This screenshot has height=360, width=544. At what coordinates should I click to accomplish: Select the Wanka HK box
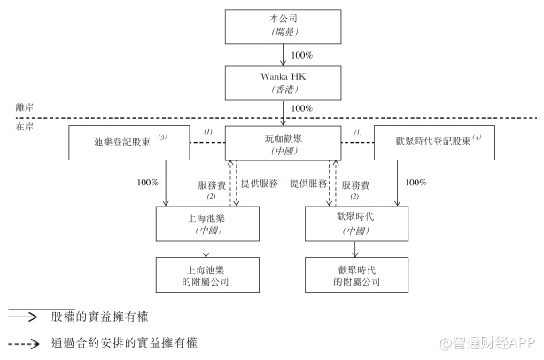pos(283,82)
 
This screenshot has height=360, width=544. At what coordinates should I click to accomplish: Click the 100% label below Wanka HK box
pos(302,108)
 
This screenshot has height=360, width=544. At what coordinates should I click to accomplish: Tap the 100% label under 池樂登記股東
pos(148,183)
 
